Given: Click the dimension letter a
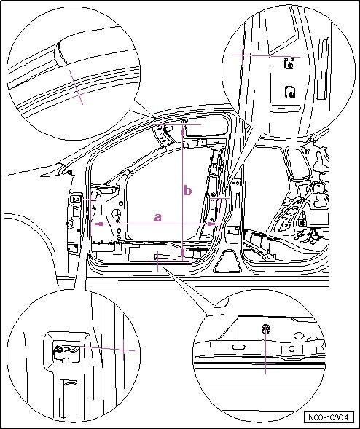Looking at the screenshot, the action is coord(158,218).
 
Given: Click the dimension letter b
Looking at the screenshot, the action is coord(188,190).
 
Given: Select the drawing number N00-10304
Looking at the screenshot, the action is coord(329,417).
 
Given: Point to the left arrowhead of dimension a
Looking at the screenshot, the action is coord(100,224).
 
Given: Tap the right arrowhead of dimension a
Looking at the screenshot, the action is coord(211,224).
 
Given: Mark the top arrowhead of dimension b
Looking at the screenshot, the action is coord(182,132).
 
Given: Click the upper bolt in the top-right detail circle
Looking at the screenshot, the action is coord(289,63).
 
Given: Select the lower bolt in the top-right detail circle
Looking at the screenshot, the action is coord(289,93).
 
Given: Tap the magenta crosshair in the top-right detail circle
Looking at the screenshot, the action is coord(243,55).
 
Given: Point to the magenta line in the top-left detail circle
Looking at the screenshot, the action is coord(76,87).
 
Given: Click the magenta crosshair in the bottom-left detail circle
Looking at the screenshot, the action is coord(124,350).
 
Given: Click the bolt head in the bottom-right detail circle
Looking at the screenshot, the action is coord(265,329).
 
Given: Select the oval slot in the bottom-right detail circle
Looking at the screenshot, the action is coord(239,347).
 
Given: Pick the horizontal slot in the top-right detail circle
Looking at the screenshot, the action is coord(285,109).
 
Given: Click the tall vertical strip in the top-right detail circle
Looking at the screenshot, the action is coord(323,68).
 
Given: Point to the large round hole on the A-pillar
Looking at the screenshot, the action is coord(117,213).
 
